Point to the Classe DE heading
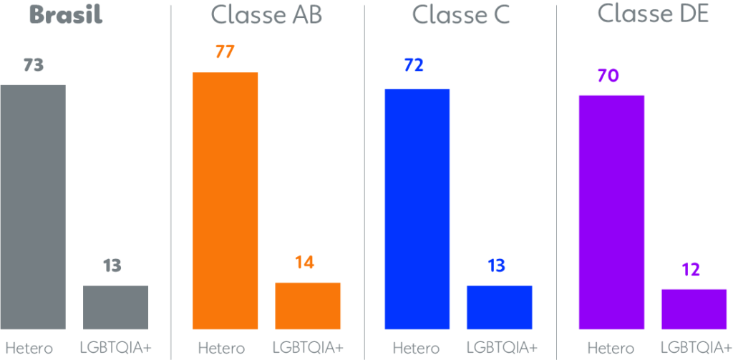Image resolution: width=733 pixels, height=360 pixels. point(653,14)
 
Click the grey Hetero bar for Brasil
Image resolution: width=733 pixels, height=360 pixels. point(32,207)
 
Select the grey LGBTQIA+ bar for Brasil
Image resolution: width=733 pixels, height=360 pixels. point(116,308)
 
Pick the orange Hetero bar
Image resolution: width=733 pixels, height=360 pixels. point(225,201)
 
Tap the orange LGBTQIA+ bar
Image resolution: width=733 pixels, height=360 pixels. point(308,306)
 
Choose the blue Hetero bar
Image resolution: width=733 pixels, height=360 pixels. point(417,209)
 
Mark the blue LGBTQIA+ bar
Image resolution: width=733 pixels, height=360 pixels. point(499,308)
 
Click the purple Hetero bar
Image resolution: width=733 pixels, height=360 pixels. point(611,212)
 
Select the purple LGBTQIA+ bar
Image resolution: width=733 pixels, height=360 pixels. point(694,309)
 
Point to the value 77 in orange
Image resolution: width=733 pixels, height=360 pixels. point(225,52)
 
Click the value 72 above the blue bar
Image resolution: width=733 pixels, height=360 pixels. point(414,65)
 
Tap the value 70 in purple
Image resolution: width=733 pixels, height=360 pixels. point(608,76)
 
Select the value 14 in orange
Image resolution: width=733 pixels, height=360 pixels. point(304,263)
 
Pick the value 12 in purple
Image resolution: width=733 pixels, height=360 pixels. point(690,271)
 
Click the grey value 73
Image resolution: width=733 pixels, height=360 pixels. point(34,65)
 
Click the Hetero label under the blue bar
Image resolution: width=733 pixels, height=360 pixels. point(416,349)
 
